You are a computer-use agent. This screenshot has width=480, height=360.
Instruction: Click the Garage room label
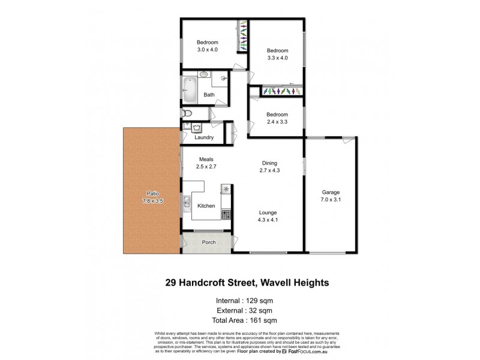(331, 193)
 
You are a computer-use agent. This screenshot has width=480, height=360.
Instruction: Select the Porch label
(208, 242)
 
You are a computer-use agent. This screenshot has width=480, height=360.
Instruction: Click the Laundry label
(205, 137)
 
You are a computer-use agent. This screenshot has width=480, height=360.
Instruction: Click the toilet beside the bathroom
(187, 113)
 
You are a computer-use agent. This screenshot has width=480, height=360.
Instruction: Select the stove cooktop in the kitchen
(226, 214)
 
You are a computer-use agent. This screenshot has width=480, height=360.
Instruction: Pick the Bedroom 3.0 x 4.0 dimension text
(207, 50)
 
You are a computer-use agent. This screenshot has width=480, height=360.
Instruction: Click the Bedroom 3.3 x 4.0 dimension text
(278, 58)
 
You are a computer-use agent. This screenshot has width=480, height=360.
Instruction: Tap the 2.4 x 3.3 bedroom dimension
(277, 122)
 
